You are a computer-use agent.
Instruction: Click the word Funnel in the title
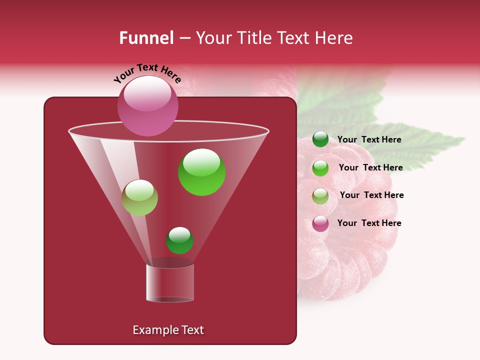click(x=146, y=38)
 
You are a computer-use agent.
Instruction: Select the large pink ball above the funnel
click(x=147, y=105)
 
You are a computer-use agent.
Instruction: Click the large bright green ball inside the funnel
click(x=202, y=172)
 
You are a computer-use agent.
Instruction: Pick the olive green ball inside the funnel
click(x=139, y=197)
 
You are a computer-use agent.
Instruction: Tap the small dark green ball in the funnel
click(x=179, y=240)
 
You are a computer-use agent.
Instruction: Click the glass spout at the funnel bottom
click(x=170, y=283)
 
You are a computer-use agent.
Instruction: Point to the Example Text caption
click(x=168, y=330)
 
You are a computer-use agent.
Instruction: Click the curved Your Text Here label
click(x=147, y=73)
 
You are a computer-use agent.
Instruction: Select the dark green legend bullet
click(x=320, y=139)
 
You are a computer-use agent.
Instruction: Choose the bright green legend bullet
click(x=320, y=168)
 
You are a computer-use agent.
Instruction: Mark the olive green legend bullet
click(x=320, y=195)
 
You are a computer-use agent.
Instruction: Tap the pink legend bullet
click(x=320, y=223)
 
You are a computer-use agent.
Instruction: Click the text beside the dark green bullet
click(x=369, y=140)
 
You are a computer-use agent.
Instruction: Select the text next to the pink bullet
click(x=369, y=223)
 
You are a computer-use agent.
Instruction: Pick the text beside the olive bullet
click(x=371, y=195)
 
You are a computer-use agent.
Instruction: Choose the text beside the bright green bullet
click(x=370, y=167)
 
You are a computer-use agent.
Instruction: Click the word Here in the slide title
click(x=334, y=38)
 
